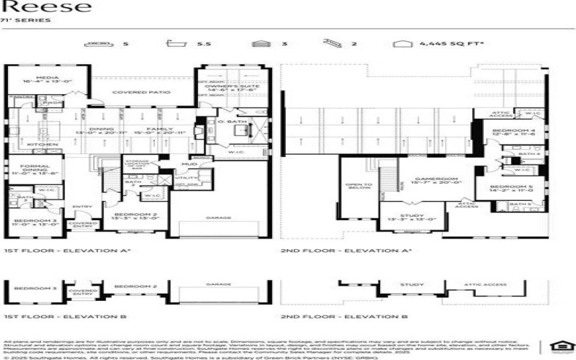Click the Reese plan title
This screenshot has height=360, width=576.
tap(47, 7)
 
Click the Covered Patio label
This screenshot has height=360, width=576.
tap(141, 93)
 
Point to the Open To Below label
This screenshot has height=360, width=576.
tap(358, 186)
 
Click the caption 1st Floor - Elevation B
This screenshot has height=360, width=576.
tap(66, 317)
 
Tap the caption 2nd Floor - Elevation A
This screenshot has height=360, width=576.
tap(344, 251)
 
